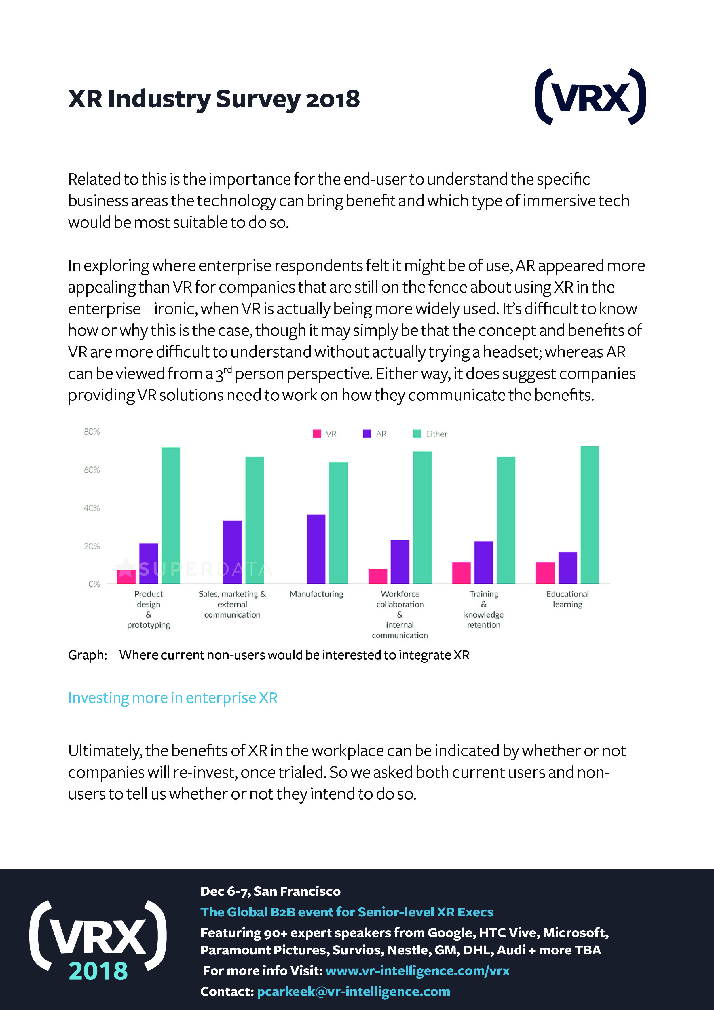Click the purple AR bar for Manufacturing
coord(316,549)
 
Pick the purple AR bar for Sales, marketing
coord(232,552)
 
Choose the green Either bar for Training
coord(506,520)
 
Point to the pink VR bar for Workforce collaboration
coord(377,576)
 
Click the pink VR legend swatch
coord(317,434)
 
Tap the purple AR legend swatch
coord(367,434)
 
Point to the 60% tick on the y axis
coord(92,470)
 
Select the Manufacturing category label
coord(316,594)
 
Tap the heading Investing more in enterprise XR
coord(172,698)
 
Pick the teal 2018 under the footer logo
coord(98,970)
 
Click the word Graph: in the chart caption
coord(88,655)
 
